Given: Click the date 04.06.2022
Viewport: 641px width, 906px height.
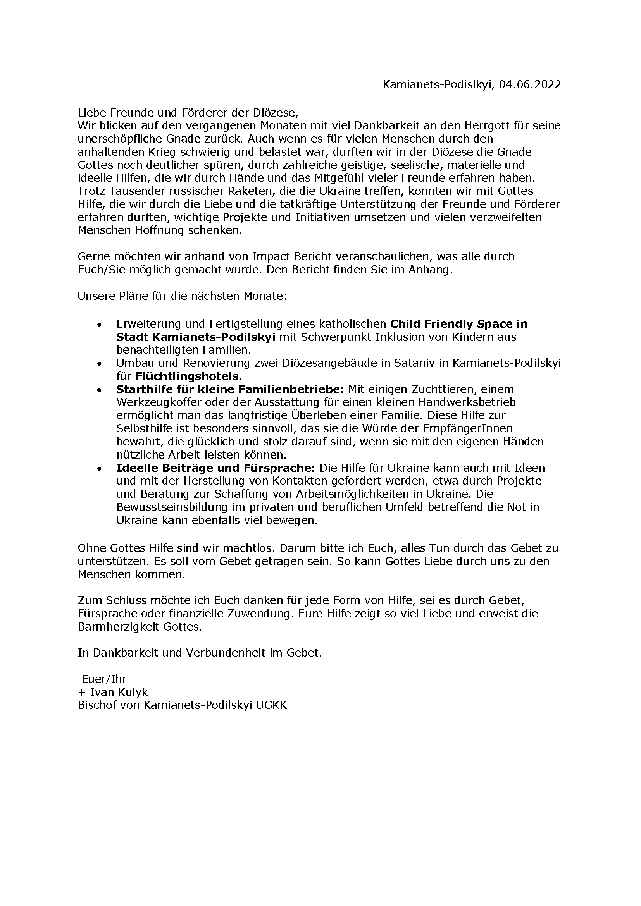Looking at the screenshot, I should click(530, 85).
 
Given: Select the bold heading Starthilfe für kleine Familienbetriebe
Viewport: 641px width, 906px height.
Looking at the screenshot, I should click(231, 389).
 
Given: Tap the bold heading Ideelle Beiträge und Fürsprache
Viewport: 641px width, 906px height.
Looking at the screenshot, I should click(215, 468).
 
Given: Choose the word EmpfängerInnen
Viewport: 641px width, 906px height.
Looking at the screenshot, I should click(468, 428).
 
